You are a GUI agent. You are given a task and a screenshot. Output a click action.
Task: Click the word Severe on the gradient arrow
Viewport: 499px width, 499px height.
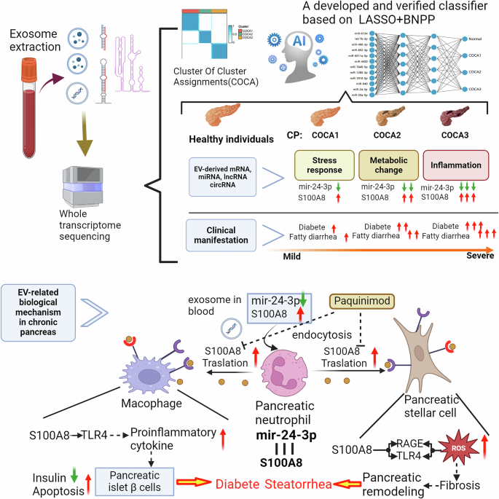pos(478,256)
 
